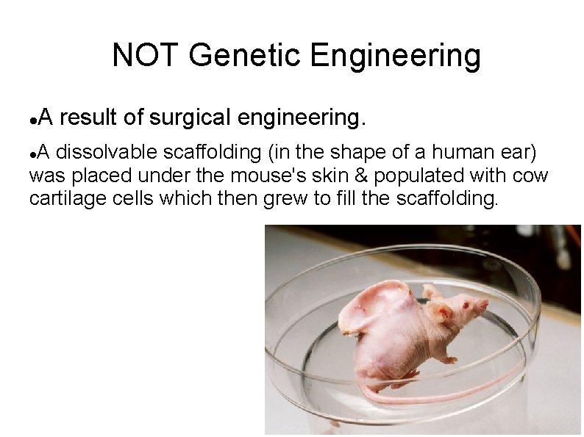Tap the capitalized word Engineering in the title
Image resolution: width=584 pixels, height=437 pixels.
[x=395, y=56]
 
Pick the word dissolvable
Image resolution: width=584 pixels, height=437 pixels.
[x=106, y=153]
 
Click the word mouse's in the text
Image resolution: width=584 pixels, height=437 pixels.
[x=263, y=176]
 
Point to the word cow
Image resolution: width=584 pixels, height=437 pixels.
[x=530, y=176]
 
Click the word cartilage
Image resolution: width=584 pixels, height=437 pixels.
[x=61, y=198]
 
